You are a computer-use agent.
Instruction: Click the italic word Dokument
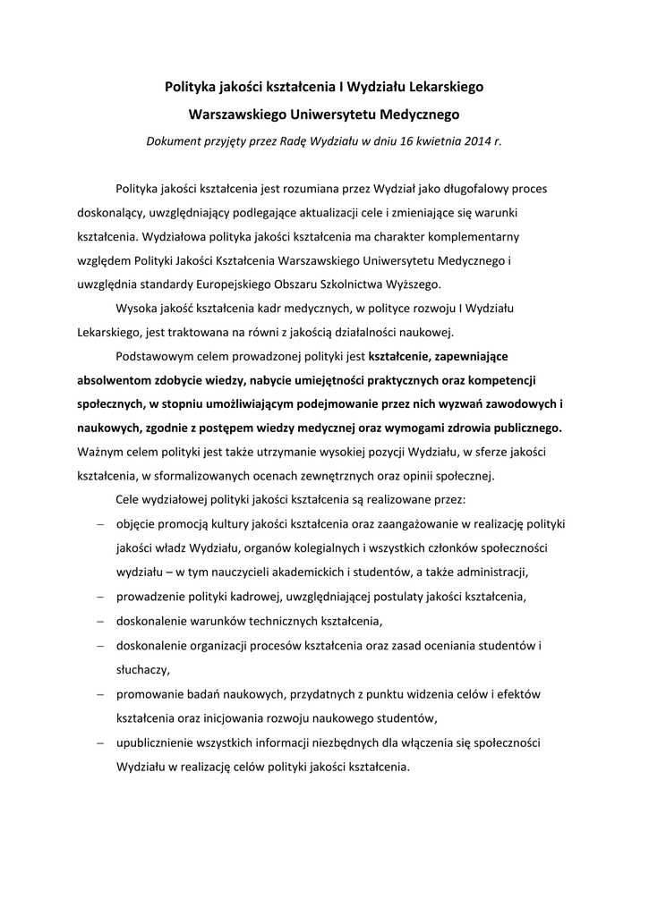pyautogui.click(x=175, y=141)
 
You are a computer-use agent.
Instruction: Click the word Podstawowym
pyautogui.click(x=154, y=355)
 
